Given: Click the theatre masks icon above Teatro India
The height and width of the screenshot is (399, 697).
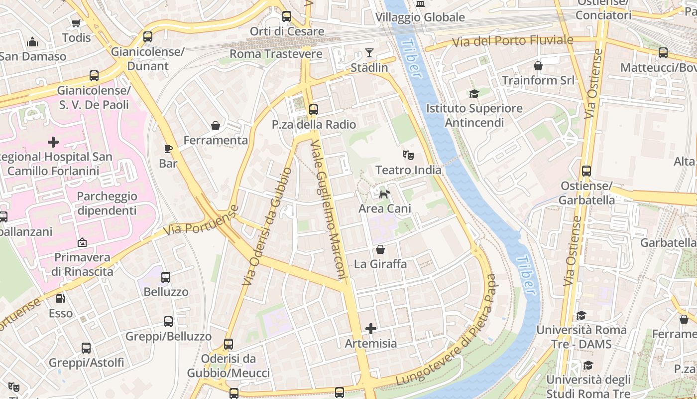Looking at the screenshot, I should coord(408,155).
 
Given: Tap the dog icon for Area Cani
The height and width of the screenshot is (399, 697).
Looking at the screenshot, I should coord(384,194).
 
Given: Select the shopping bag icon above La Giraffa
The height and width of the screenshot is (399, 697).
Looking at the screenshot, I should coord(380,249).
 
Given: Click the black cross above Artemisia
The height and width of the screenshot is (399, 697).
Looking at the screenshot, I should coord(371,328).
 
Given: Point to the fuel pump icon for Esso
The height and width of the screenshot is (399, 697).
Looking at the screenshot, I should coord(60,299).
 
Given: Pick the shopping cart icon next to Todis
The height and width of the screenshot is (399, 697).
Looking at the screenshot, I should coord(76,23).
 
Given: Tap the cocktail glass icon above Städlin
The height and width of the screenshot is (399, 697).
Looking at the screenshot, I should coord(369,52).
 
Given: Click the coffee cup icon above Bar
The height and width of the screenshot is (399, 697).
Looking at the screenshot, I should coord(168,149).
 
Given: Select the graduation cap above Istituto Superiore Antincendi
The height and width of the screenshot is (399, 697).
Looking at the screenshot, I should coord(474,94).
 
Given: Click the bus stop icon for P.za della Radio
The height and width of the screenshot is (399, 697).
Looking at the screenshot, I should coord(313,110).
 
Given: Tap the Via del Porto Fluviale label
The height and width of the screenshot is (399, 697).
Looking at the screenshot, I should coord(512,41).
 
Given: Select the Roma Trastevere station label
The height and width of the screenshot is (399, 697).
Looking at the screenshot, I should coord(276,54).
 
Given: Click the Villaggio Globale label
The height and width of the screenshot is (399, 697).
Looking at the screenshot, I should coord(420,17).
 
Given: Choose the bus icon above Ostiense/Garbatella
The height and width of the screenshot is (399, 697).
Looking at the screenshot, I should coord(586,171).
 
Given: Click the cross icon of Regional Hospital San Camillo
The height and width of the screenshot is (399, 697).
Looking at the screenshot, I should coord(53,142).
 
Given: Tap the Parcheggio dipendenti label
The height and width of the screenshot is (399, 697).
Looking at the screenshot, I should coord(107,203).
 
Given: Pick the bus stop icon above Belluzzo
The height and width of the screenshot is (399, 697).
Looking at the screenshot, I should coord(166,277).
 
